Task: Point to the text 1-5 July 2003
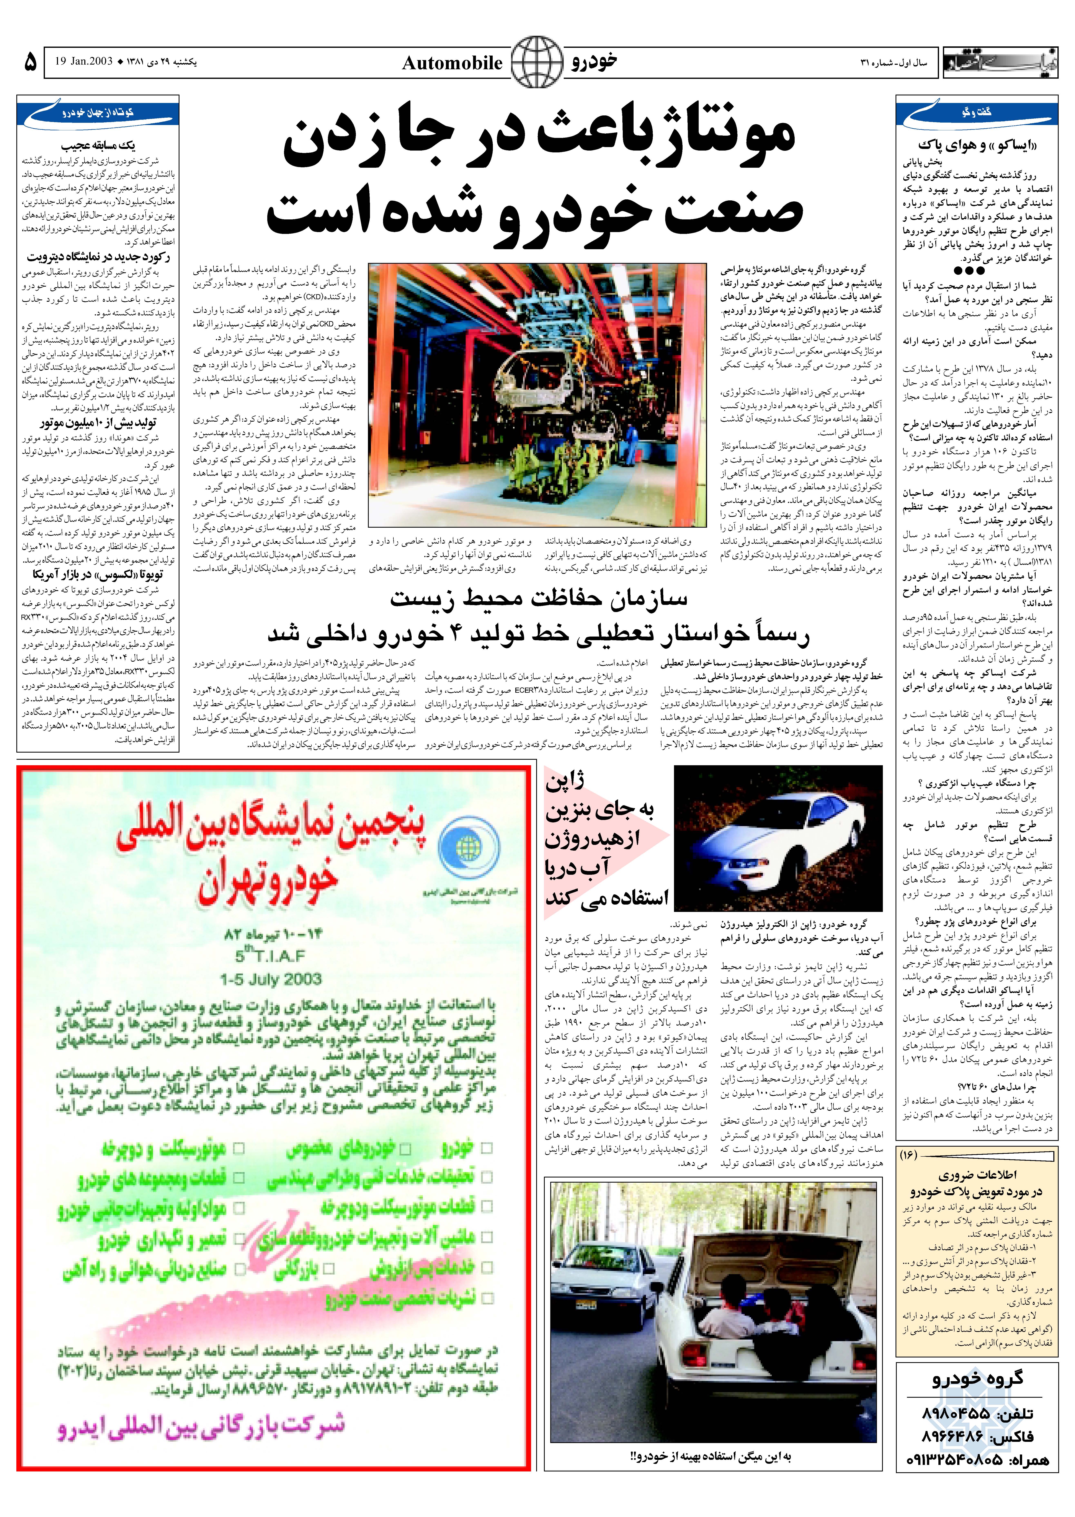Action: tap(271, 979)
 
